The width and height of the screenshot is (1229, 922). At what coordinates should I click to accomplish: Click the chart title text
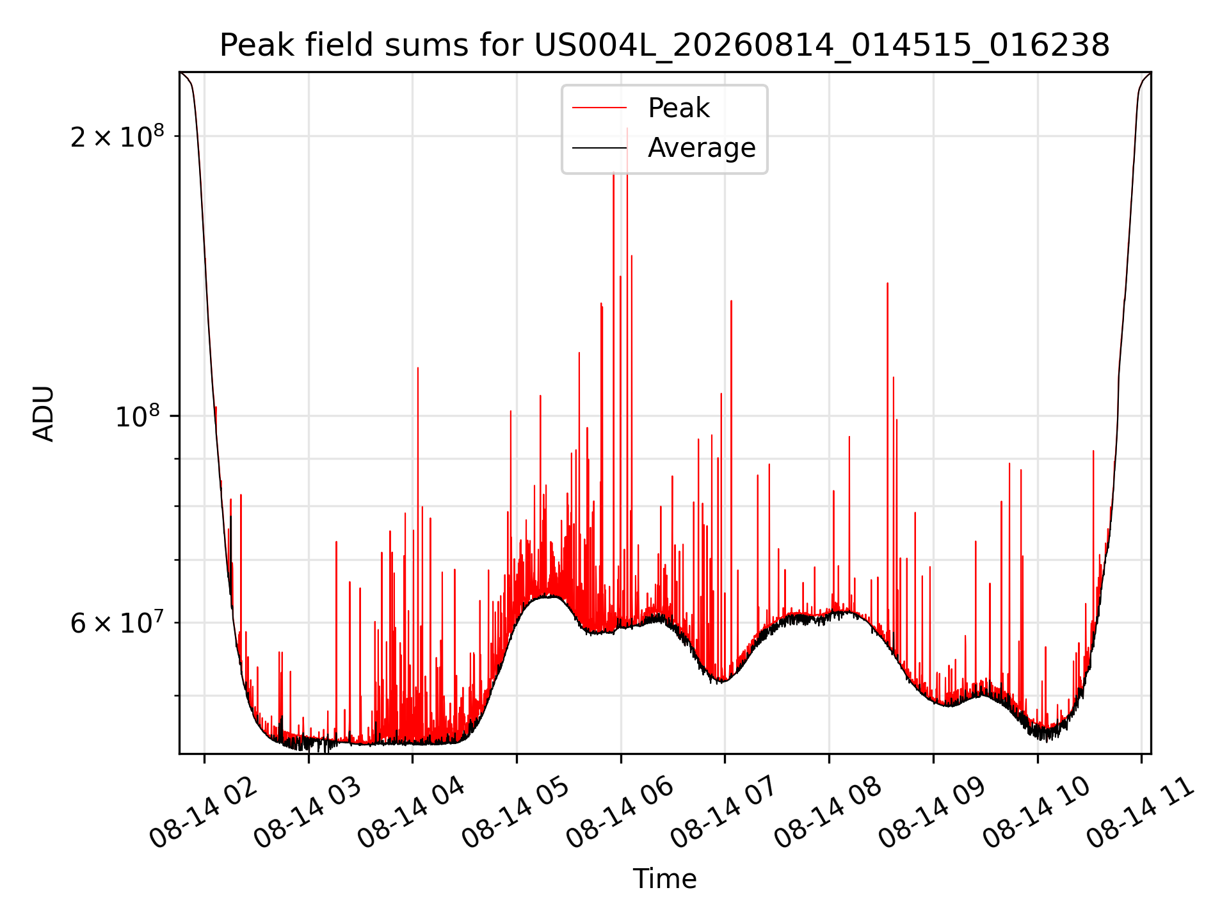664,45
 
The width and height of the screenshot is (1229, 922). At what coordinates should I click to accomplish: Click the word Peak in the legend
679,108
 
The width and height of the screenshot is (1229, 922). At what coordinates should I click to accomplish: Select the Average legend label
702,148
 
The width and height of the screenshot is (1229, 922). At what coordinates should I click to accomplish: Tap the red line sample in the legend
599,108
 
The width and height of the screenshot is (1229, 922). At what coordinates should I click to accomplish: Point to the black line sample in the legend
599,148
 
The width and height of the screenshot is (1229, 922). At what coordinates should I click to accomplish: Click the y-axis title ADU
44,413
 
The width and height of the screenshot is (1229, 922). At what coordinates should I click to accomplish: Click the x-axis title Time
664,879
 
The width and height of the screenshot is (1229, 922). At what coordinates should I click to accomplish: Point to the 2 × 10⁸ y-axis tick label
117,136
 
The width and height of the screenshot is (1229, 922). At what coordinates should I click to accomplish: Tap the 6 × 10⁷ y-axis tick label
117,622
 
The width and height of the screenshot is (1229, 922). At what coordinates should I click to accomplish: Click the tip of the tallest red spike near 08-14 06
627,128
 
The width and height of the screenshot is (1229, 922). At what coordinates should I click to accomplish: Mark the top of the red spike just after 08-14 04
418,368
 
